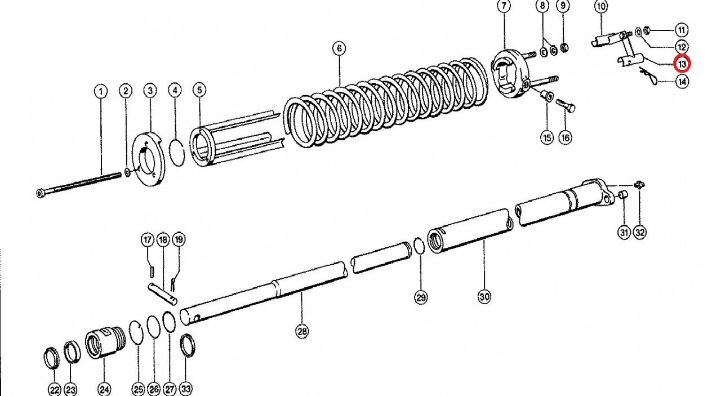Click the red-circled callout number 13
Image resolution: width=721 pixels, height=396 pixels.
(x=682, y=64)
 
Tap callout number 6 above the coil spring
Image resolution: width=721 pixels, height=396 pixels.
(x=339, y=49)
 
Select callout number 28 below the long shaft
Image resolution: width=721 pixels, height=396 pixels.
(x=301, y=331)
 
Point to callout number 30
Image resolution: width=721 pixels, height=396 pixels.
(x=484, y=296)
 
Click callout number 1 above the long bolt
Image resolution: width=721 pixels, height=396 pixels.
(x=101, y=92)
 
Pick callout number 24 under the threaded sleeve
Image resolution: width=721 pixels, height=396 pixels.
(x=104, y=389)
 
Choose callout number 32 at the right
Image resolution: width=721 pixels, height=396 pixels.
(x=639, y=232)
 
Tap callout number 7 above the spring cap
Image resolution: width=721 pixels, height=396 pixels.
(x=504, y=6)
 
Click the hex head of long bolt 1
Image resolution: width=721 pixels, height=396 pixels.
(x=41, y=193)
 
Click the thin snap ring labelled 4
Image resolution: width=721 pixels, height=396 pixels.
(x=177, y=153)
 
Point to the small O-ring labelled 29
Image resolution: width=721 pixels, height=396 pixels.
(x=419, y=246)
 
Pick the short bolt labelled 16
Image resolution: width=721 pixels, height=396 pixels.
(x=566, y=104)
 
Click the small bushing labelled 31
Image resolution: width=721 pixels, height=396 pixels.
(x=623, y=195)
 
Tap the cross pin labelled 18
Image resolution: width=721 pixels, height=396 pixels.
(x=163, y=293)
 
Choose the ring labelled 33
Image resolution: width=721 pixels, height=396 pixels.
(x=188, y=345)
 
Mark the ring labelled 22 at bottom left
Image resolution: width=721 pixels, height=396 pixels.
(x=51, y=358)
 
